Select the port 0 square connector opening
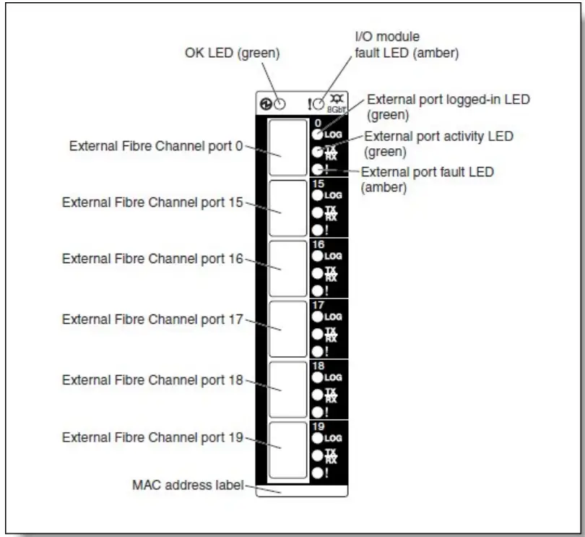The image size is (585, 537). coord(287,147)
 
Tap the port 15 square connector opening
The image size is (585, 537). coord(287,208)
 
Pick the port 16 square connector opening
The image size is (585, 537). coord(287,269)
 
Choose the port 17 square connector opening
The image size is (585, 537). coord(287,330)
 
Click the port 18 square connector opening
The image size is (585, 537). coord(287,390)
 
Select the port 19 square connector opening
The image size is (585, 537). coord(287,450)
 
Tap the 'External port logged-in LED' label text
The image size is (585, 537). coord(448,99)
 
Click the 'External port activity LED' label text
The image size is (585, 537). coord(443,135)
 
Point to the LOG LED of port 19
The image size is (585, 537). coord(317,438)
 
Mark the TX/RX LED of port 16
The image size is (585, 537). coord(317,274)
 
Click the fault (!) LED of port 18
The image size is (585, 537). coord(317,412)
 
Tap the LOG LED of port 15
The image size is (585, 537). coord(317,195)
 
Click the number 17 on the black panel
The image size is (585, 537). coord(319,306)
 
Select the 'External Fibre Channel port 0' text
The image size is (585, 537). coord(155,145)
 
